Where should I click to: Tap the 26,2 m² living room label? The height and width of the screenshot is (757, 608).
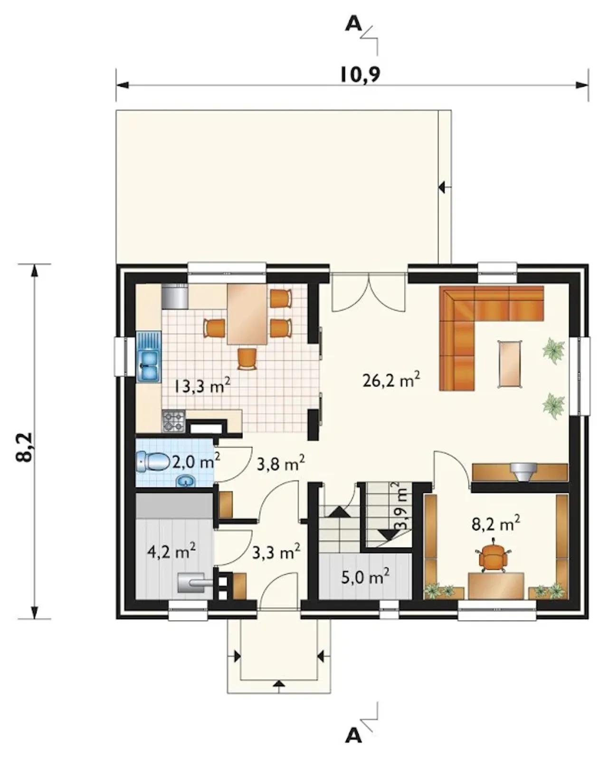391,380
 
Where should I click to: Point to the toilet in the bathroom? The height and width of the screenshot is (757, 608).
152,461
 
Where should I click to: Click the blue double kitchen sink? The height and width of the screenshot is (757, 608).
149,356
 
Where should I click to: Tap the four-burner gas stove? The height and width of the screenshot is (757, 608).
173,421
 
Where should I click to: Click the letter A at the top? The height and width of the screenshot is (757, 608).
353,24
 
